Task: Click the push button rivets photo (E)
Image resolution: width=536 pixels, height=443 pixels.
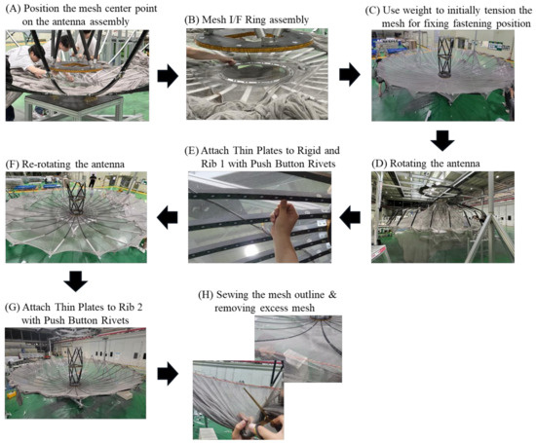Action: point(259,219)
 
